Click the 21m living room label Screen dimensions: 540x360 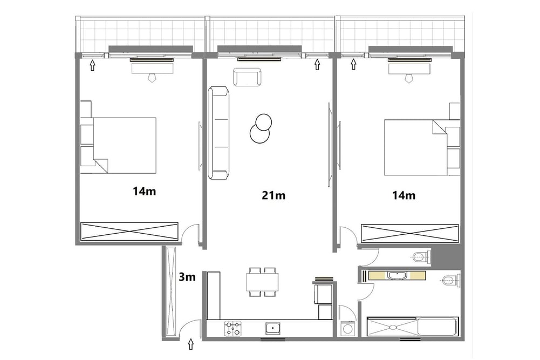pos(274,195)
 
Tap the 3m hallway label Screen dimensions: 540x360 pos(187,277)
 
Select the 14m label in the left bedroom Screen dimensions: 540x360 pos(144,191)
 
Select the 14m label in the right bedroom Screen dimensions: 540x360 pos(404,195)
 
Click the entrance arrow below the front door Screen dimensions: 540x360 pos(191,344)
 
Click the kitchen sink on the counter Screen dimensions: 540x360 pos(273,328)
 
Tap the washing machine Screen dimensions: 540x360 pos(348,328)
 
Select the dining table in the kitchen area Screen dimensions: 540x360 pos(262,282)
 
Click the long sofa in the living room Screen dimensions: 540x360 pos(218,133)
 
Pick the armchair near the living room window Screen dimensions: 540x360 pos(247,77)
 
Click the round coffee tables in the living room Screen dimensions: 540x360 pos(261,128)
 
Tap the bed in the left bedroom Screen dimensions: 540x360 pos(118,145)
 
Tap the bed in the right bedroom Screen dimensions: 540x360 pos(422,147)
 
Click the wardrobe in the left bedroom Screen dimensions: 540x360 pos(129,231)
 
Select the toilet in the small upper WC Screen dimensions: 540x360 pos(421,257)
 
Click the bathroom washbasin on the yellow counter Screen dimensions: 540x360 pos(397,275)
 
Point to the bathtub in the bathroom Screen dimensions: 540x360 pos(412,327)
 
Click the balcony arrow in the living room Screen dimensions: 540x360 pos(317,64)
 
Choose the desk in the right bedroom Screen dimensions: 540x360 pos(409,69)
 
